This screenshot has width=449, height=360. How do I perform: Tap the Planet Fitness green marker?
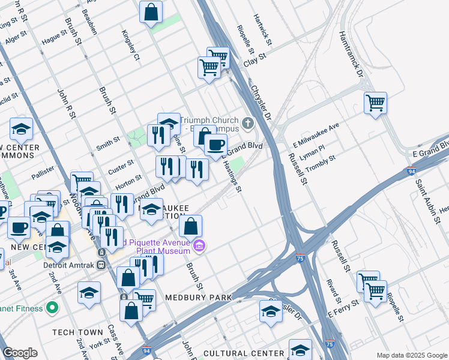(53, 308)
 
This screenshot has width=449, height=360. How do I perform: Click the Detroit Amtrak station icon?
(102, 252)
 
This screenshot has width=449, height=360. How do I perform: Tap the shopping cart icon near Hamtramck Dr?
(375, 103)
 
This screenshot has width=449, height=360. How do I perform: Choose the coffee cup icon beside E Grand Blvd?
(215, 144)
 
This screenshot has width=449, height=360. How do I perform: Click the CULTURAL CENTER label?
(243, 353)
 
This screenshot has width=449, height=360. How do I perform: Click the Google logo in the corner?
(20, 353)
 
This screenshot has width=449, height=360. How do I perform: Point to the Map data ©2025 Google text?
(411, 355)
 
